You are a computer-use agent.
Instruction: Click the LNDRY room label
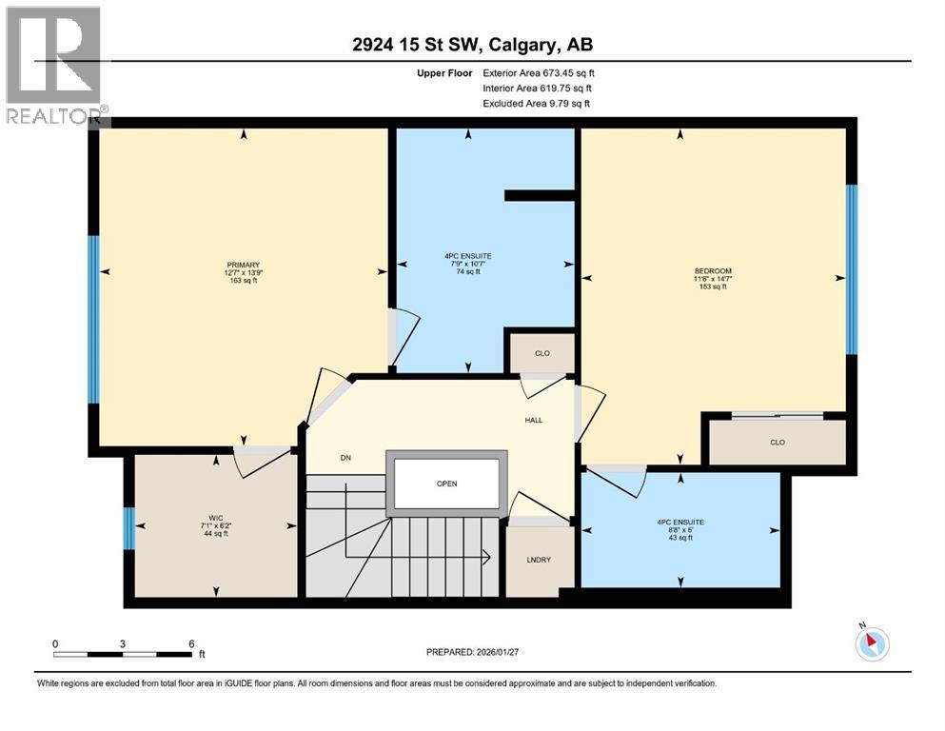coord(540,559)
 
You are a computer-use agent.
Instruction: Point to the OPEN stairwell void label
coord(446,484)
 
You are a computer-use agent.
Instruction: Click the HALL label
coord(533,420)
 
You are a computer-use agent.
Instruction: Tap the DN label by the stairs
coord(346,458)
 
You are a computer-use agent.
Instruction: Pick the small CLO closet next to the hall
coord(541,353)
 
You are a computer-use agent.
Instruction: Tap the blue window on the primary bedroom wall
coord(93,319)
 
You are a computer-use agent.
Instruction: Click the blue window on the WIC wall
coord(128,528)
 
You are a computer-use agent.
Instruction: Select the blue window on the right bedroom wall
coord(852,268)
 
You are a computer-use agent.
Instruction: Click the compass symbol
coord(871,643)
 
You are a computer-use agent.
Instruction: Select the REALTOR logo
coord(54,65)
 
